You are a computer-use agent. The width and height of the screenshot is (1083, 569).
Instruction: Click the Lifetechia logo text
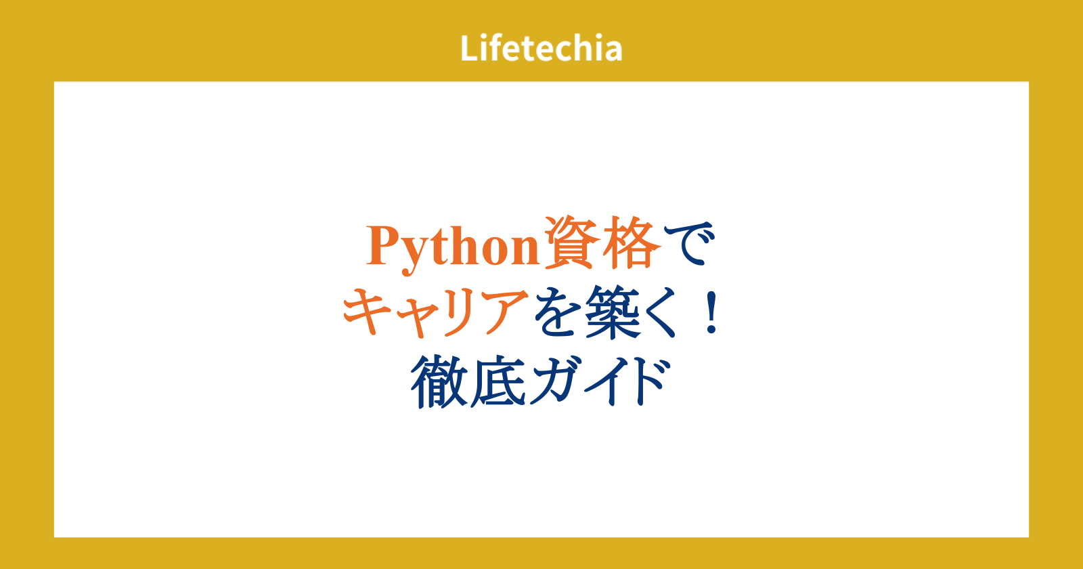(x=541, y=48)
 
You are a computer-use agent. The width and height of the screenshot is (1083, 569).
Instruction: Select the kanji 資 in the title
(x=571, y=243)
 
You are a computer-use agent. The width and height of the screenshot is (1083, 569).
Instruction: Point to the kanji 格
(x=632, y=243)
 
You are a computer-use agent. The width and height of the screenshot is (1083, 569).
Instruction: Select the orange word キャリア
(x=435, y=312)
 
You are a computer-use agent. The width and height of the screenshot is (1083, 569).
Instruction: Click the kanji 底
(x=498, y=382)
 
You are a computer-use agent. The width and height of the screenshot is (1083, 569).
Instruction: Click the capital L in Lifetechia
(x=469, y=48)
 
